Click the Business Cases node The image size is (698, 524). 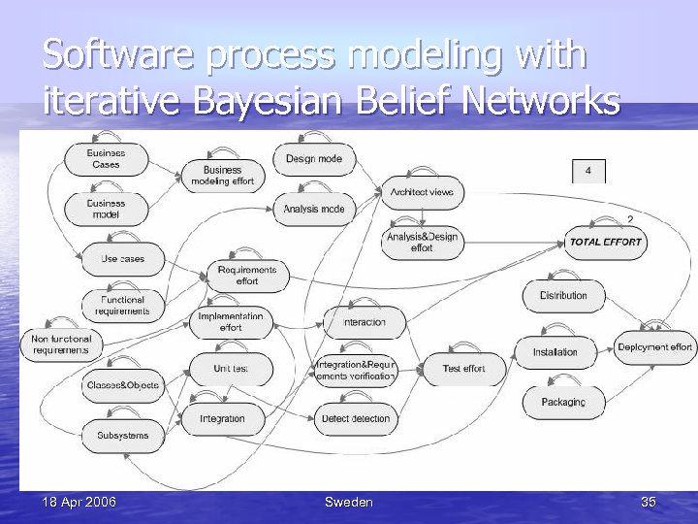point(106,159)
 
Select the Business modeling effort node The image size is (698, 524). point(222,176)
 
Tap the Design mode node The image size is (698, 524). point(314,159)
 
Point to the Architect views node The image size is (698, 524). point(422,192)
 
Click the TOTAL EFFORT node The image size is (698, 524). point(606,242)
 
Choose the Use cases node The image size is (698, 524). point(122,259)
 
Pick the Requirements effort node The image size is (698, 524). point(247,276)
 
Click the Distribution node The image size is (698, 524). point(563,295)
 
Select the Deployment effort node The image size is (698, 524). point(654,347)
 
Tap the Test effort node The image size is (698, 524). point(463,369)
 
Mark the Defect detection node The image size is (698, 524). point(355,419)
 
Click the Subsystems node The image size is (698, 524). point(123,436)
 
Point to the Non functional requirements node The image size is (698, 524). point(60,344)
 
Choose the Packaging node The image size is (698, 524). point(563,402)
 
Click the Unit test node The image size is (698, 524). point(231,369)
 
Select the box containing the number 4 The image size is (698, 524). point(588,172)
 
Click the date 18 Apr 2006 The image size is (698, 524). point(79,502)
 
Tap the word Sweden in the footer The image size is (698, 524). point(348,502)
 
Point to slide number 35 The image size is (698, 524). point(649,502)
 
